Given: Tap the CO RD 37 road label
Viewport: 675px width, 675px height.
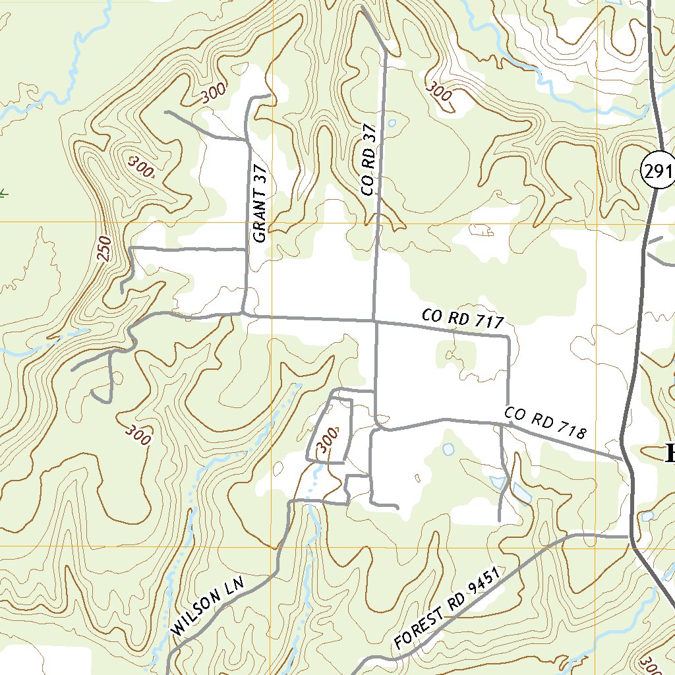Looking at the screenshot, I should coord(368,158).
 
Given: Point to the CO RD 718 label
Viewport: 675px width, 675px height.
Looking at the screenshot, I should coord(545,423).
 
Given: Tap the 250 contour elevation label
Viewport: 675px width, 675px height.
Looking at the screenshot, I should coord(104,248).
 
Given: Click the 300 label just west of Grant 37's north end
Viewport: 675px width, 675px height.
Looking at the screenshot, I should coord(214,94).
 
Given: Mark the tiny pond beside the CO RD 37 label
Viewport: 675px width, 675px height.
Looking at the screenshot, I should coord(393,123).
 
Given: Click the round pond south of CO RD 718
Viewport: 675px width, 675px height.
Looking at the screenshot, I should coord(449,450).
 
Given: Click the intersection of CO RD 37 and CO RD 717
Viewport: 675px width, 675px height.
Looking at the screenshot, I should coord(375,322).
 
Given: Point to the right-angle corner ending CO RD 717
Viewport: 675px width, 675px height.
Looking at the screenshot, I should coord(508,337).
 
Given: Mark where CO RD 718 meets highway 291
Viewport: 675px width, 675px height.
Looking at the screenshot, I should coord(622,458).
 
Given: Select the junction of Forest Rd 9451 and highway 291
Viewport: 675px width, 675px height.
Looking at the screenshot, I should coord(631,537).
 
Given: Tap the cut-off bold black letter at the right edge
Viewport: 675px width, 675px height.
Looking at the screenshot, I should coord(670,454).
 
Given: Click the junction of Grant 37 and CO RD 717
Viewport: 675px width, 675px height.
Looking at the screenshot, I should coord(245,314).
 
